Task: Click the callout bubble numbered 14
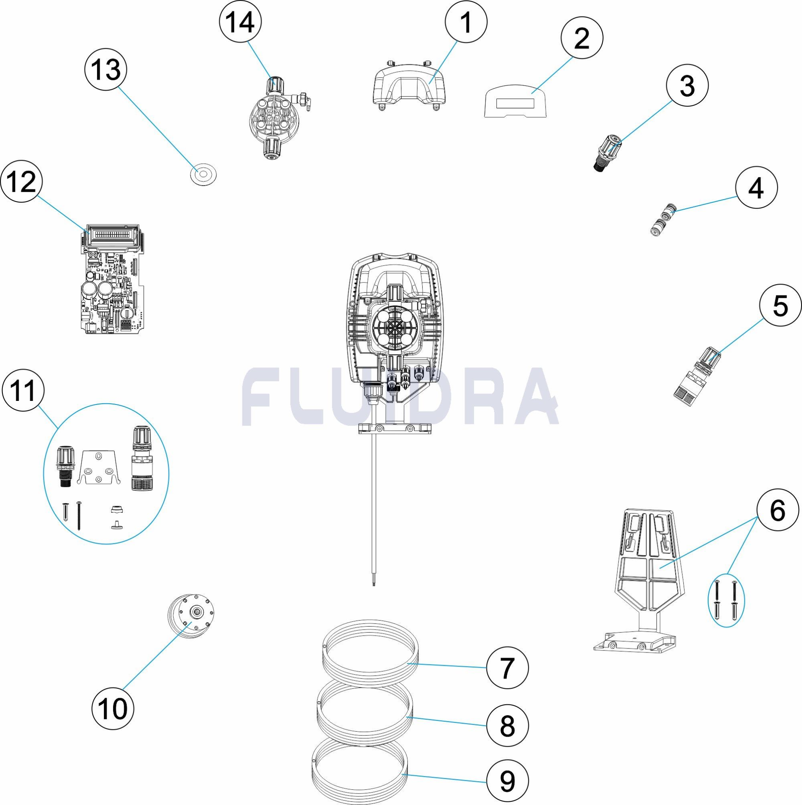240,22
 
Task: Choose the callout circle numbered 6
778,511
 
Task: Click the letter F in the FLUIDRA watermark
261,396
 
